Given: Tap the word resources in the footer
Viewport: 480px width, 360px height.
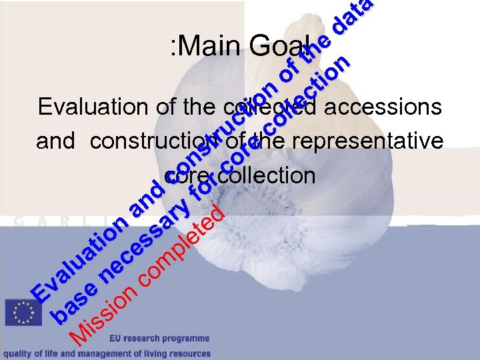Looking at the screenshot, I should [190, 353].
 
